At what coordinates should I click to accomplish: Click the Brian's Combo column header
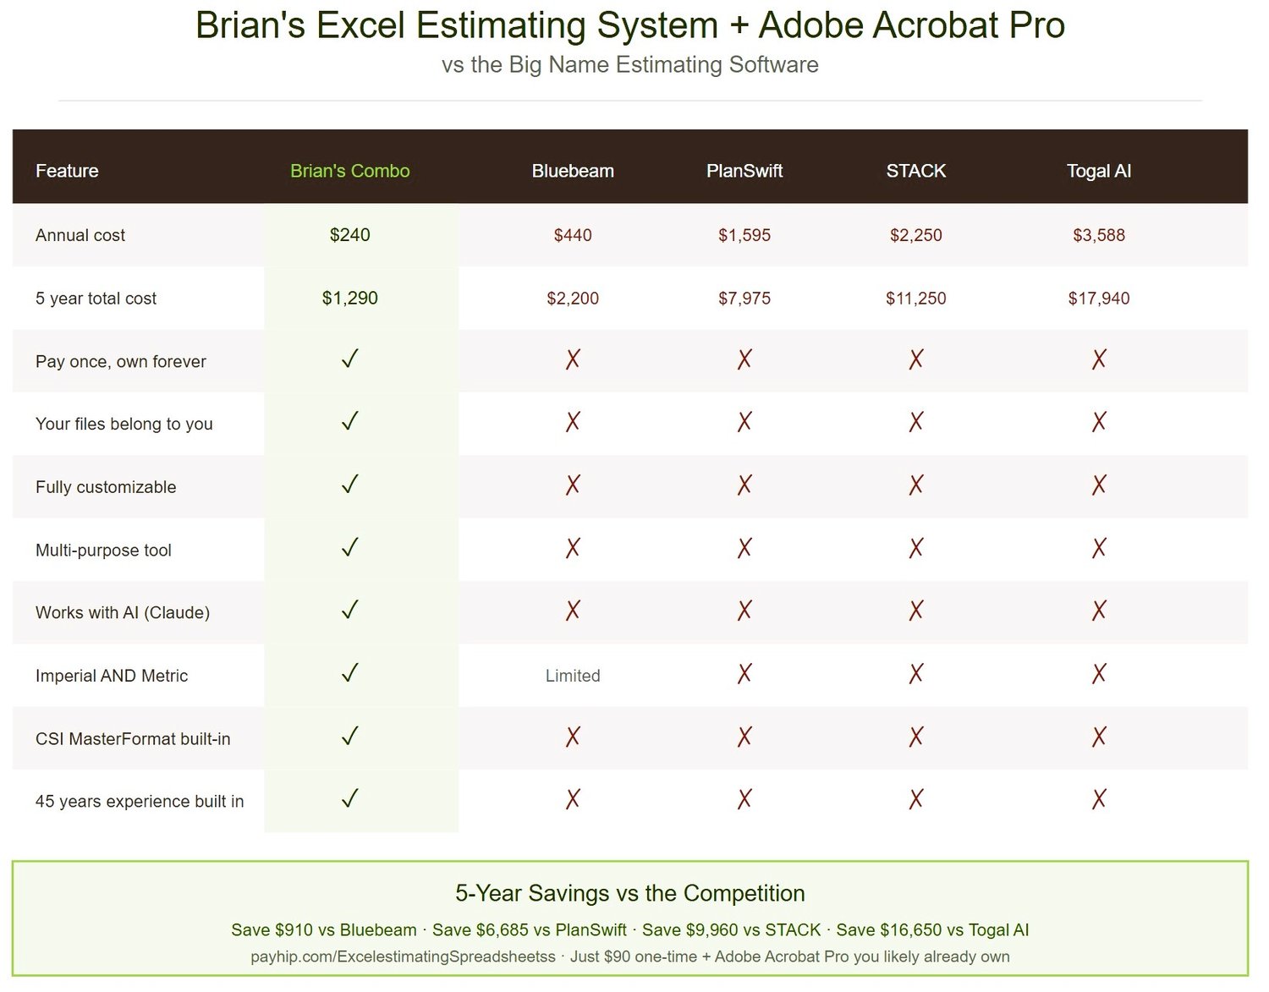(x=349, y=171)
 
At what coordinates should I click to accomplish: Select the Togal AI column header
(x=1098, y=171)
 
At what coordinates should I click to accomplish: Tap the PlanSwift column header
(x=744, y=171)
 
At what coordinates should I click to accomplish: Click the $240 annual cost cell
(x=349, y=235)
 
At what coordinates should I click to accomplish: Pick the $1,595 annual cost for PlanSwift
(x=744, y=235)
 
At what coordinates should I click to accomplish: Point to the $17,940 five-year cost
(x=1098, y=299)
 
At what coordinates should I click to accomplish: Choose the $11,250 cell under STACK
(x=915, y=299)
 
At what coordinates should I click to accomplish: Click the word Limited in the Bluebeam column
(x=572, y=676)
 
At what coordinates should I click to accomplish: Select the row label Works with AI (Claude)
(x=123, y=612)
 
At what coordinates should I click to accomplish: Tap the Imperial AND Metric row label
(x=112, y=676)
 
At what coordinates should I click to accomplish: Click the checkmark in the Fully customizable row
(x=349, y=484)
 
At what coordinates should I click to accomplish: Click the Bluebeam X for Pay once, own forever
(x=572, y=359)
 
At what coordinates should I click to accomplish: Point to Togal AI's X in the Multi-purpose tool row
(x=1098, y=548)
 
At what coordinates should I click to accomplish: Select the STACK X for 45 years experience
(x=915, y=799)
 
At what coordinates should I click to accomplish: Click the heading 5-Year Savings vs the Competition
(x=629, y=893)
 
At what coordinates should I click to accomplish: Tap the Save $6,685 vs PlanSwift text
(x=529, y=930)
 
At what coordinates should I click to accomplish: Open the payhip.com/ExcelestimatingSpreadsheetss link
(x=403, y=957)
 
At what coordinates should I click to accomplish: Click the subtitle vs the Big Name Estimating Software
(x=629, y=65)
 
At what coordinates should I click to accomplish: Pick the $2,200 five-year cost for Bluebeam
(x=572, y=299)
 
